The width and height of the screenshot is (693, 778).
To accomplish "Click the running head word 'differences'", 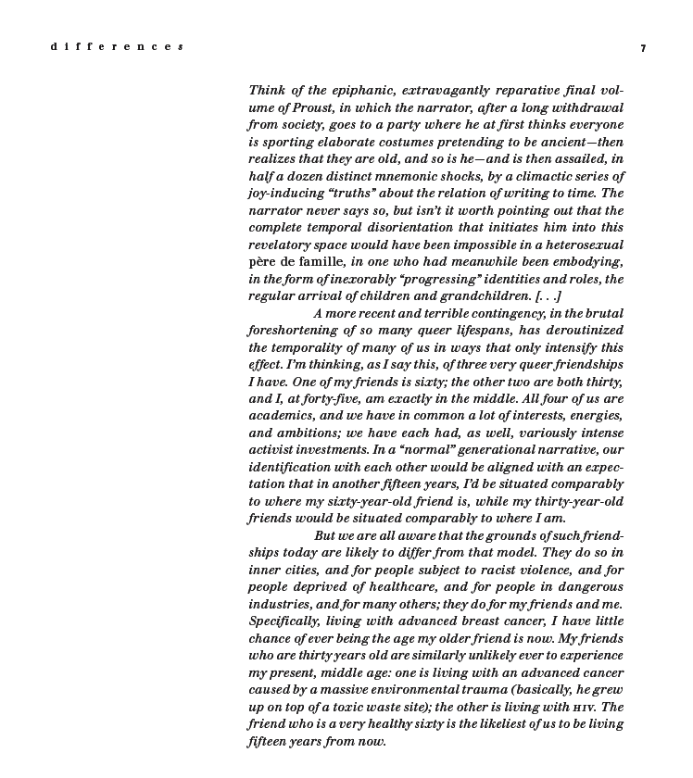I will tap(117, 47).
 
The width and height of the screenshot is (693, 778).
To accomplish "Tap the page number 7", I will tap(643, 48).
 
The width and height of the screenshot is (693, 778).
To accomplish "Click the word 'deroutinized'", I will tap(573, 331).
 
